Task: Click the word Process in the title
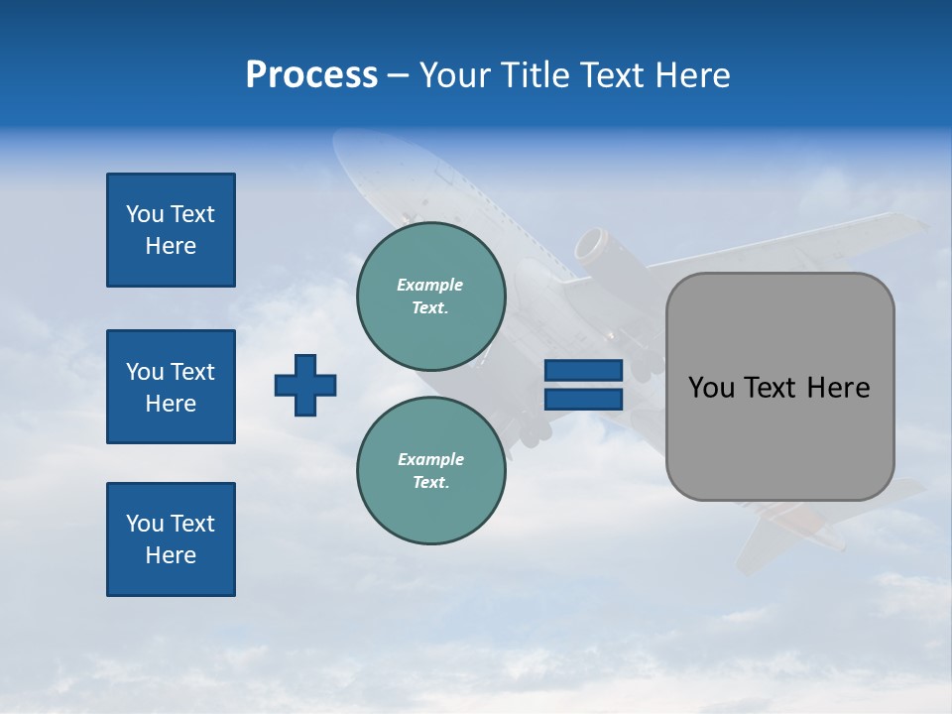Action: pyautogui.click(x=311, y=75)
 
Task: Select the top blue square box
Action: pyautogui.click(x=171, y=230)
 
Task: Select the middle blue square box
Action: pyautogui.click(x=171, y=387)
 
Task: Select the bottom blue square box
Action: pyautogui.click(x=171, y=539)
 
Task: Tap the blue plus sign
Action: pyautogui.click(x=305, y=385)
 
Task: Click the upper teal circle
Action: pyautogui.click(x=431, y=297)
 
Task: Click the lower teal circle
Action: pyautogui.click(x=431, y=471)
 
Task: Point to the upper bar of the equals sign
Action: pyautogui.click(x=583, y=371)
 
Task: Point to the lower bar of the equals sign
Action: pyautogui.click(x=583, y=399)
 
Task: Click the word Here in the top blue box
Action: pyautogui.click(x=171, y=246)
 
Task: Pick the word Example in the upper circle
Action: pyautogui.click(x=430, y=285)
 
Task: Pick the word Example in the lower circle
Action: pyautogui.click(x=430, y=459)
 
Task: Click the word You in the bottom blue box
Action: pyautogui.click(x=143, y=524)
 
